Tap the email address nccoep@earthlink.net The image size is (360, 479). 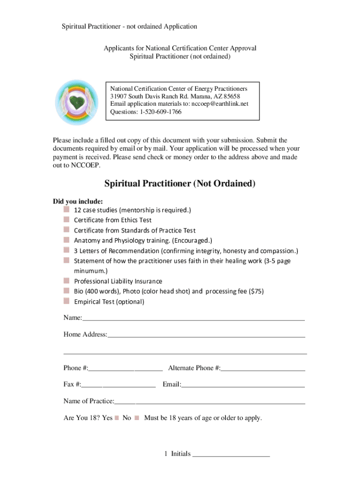click(x=220, y=103)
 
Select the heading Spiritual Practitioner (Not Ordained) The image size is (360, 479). click(x=180, y=184)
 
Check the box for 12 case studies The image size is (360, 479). click(x=67, y=210)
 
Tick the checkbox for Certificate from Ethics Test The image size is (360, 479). click(x=67, y=220)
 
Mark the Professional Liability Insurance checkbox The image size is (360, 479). click(x=67, y=281)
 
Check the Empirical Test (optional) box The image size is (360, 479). click(x=67, y=302)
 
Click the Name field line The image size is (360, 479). click(x=193, y=319)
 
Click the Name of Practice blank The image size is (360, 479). click(x=209, y=402)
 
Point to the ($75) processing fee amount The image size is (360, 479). click(x=256, y=291)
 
